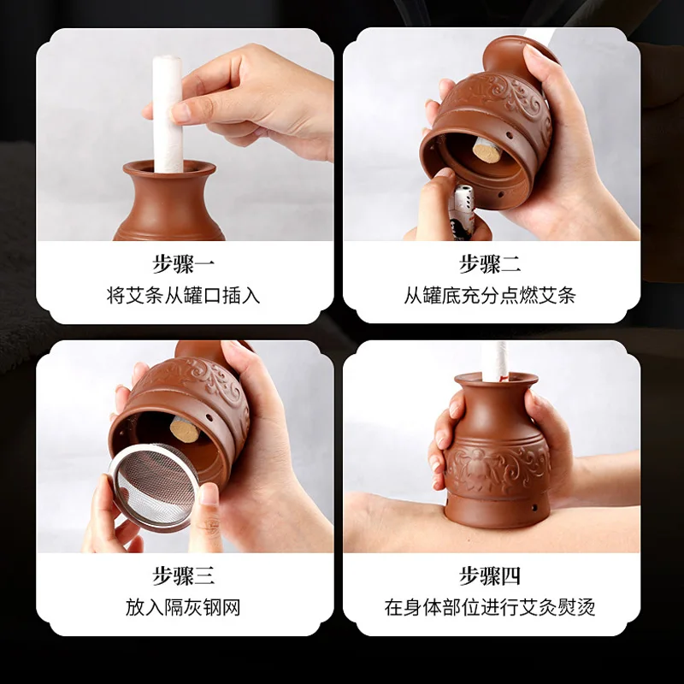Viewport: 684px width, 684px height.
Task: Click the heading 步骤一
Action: tap(183, 264)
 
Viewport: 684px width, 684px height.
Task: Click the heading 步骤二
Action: tap(490, 264)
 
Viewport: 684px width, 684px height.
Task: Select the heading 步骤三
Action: tap(183, 575)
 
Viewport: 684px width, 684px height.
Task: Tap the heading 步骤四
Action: tap(490, 575)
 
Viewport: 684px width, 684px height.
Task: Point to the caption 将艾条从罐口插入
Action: tap(183, 295)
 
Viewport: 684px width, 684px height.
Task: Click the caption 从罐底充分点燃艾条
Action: tap(490, 295)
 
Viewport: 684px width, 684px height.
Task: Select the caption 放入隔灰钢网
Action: tap(183, 607)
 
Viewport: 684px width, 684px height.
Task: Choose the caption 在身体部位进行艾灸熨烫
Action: tap(490, 607)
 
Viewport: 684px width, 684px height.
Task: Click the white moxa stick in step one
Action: tap(168, 115)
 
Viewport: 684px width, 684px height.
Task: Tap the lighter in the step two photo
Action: tap(462, 211)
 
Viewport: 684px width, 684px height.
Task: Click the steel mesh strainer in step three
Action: tap(154, 486)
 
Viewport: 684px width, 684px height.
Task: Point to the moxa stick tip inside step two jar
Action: tap(486, 150)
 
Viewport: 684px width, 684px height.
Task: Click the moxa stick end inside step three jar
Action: tap(185, 429)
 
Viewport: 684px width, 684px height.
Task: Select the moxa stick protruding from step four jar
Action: tap(496, 361)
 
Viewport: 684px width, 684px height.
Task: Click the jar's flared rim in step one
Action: tap(169, 168)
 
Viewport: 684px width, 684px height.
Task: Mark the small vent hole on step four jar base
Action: tap(534, 507)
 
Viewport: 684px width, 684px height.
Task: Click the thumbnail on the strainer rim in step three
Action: tap(209, 494)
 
